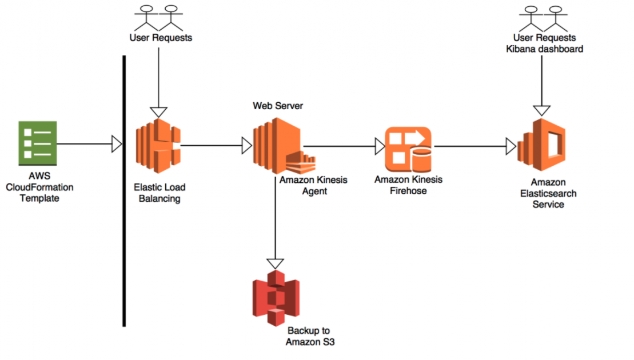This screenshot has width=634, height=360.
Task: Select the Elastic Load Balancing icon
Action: tap(158, 146)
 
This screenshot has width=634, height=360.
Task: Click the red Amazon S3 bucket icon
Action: tap(276, 298)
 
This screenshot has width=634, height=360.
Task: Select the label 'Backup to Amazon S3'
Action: tap(308, 336)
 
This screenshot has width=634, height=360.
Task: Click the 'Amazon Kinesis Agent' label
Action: tap(313, 185)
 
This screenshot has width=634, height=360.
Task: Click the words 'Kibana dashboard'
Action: tap(544, 49)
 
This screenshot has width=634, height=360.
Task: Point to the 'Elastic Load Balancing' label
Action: tap(160, 193)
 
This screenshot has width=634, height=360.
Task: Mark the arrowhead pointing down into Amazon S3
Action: tap(276, 263)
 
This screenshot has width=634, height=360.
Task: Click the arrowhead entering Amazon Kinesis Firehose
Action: tap(380, 146)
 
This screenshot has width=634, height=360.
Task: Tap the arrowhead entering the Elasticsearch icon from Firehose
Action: tap(511, 146)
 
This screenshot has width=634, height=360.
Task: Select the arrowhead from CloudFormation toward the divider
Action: tap(117, 145)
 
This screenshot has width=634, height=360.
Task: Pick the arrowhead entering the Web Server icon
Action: tap(247, 146)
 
